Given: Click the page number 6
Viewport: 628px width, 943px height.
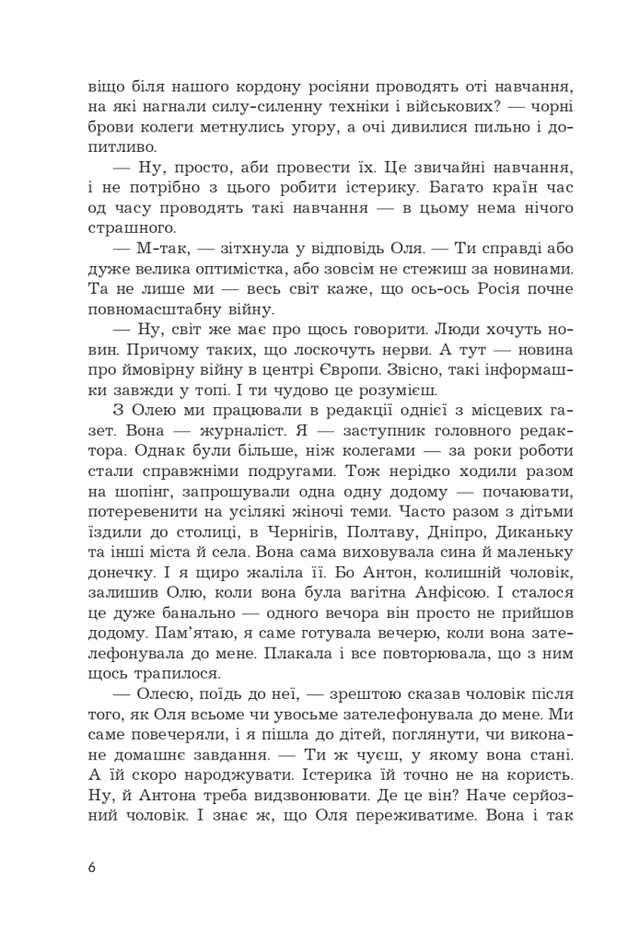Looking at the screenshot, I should coord(90,867).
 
